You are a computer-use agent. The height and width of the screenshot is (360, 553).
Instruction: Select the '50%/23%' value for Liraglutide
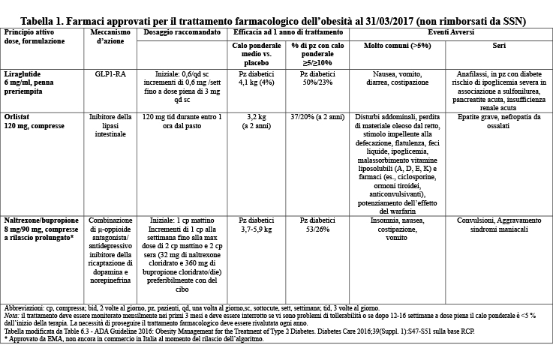coord(317,82)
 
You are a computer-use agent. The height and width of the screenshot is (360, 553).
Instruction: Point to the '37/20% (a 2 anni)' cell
coord(317,117)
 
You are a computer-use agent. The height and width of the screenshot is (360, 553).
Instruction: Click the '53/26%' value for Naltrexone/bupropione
coord(317,229)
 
